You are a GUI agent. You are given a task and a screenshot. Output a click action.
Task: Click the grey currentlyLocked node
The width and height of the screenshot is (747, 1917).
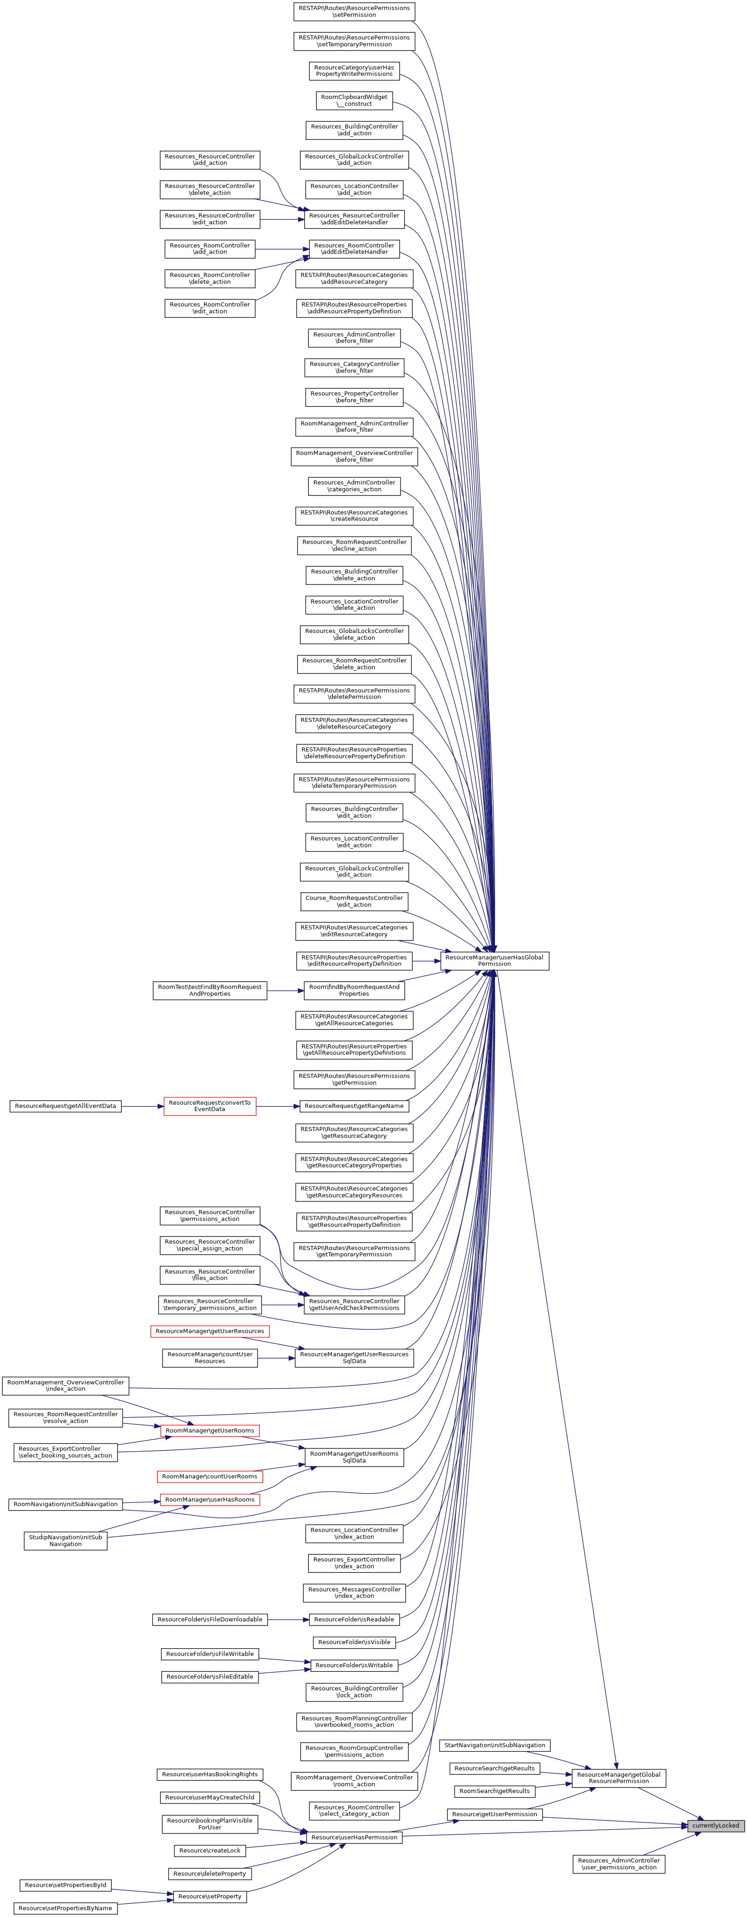click(x=716, y=1825)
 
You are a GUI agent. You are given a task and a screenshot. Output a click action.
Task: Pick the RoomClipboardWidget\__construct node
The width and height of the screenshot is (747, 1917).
click(x=354, y=100)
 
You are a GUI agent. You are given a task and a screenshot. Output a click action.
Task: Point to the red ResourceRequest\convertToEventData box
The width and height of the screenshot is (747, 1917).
click(x=210, y=1106)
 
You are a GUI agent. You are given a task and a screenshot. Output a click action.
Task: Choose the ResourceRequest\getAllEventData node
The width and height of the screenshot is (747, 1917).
click(x=65, y=1106)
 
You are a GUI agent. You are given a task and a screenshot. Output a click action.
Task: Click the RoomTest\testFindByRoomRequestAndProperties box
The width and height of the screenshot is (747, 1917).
click(x=210, y=990)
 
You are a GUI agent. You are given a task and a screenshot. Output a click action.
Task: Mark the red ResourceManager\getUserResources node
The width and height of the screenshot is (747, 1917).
click(x=210, y=1330)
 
